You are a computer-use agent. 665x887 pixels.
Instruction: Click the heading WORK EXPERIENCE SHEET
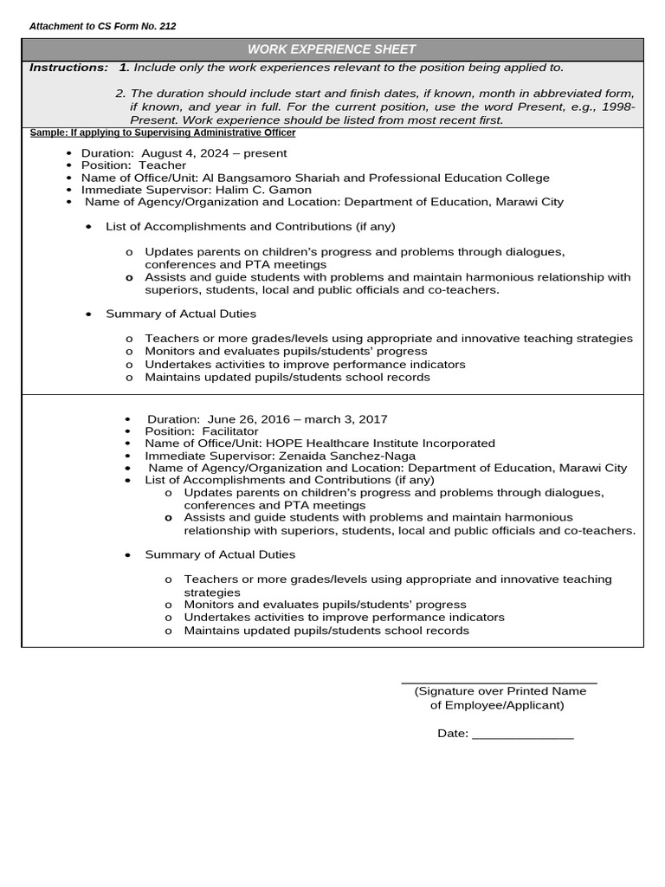click(x=332, y=49)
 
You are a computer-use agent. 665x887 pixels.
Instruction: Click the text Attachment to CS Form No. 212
click(x=102, y=27)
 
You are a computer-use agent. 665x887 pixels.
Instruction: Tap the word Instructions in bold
click(x=68, y=68)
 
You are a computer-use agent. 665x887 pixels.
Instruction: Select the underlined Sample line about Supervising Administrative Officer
click(x=162, y=133)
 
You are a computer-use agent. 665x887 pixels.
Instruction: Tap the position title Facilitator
click(x=230, y=431)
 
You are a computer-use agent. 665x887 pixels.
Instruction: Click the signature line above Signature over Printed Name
click(x=499, y=683)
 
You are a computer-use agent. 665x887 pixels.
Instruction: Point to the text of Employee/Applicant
click(x=497, y=705)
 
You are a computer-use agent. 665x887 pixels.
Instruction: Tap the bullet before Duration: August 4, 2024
click(x=68, y=153)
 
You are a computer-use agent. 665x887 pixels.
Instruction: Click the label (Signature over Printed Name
click(x=500, y=691)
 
